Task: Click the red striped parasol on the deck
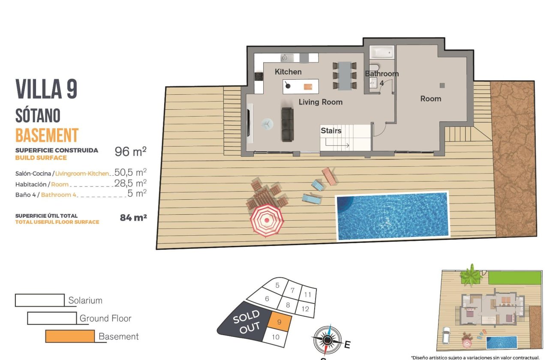pos(267,220)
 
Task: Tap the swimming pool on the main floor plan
pos(392,216)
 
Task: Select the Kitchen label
pos(288,72)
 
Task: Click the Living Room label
pos(320,102)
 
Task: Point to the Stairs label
pos(331,131)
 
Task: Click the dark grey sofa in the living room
pos(287,124)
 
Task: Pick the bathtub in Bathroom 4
pos(382,52)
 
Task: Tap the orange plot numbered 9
pos(280,321)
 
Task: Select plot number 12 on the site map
pos(306,309)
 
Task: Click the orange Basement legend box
pos(70,336)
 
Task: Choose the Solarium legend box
pos(39,300)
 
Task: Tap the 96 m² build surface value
pos(130,152)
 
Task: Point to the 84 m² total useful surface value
pos(133,218)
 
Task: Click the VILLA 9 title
pos(47,89)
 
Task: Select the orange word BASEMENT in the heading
pos(47,135)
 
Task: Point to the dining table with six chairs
pos(344,76)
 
